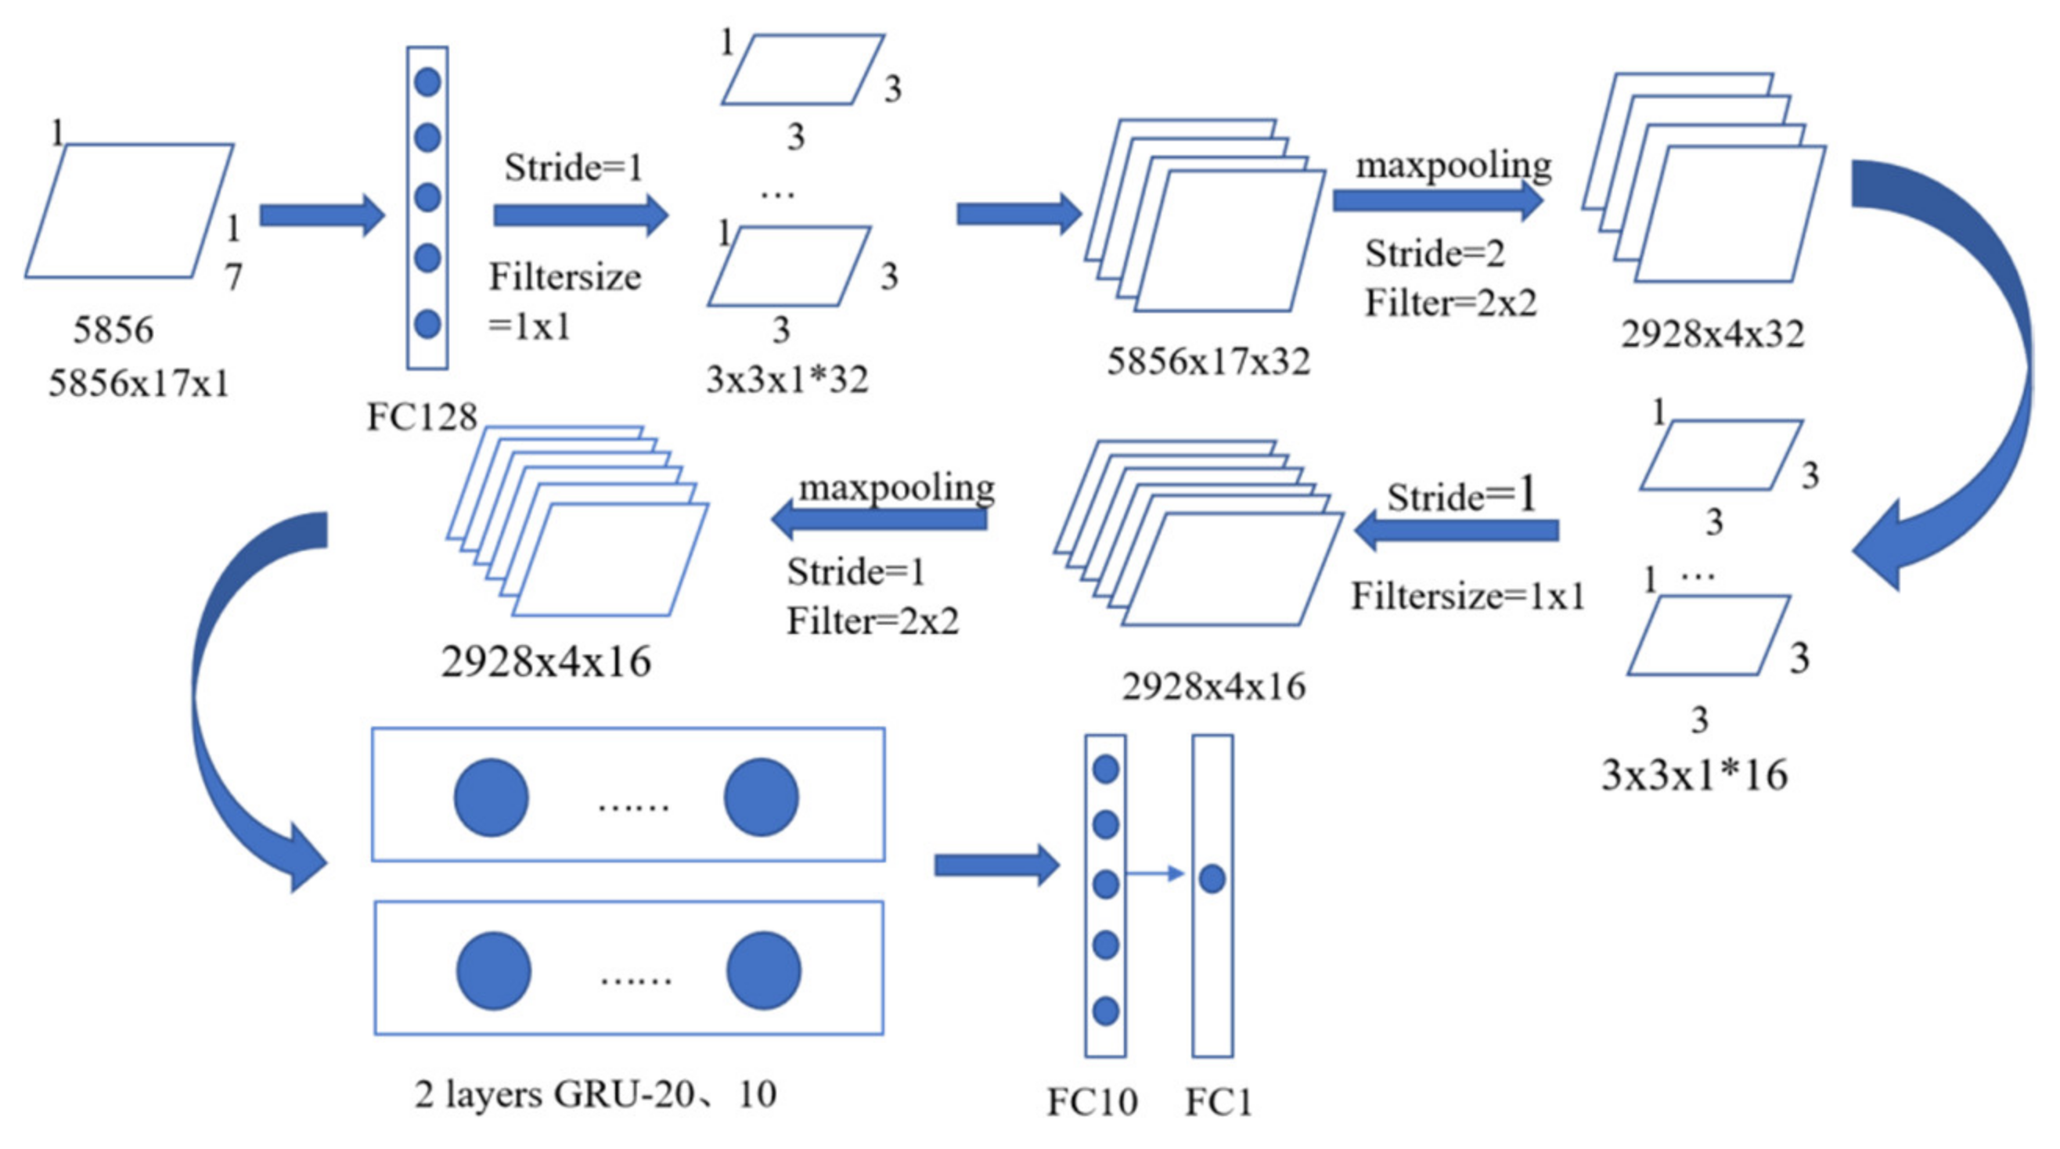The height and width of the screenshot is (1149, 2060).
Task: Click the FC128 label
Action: tap(421, 417)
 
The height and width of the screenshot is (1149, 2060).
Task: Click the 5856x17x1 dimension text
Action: tap(139, 383)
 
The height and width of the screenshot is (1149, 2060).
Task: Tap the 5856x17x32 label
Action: tap(1208, 362)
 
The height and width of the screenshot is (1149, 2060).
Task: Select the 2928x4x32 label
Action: tap(1712, 334)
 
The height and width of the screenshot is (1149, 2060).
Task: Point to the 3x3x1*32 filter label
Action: tap(787, 380)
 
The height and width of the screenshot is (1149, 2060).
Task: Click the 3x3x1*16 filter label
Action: tap(1694, 775)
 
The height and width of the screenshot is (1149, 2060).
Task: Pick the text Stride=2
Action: tap(1435, 254)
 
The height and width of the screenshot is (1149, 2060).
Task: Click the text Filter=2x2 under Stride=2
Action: tap(1450, 303)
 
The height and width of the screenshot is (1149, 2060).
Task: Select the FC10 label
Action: tap(1093, 1102)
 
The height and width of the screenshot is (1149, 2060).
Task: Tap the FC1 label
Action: tap(1217, 1102)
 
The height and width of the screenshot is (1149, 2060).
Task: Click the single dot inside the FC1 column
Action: tap(1212, 879)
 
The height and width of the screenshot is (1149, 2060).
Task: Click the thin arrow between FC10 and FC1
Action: tap(1155, 873)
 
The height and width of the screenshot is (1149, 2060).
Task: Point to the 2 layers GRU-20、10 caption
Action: tap(596, 1094)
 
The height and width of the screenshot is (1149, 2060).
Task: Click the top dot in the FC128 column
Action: tap(428, 81)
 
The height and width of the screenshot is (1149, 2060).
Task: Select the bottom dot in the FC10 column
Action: tap(1105, 1010)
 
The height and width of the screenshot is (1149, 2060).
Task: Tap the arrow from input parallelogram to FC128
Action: tap(322, 215)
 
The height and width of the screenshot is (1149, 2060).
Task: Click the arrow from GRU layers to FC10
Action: tap(996, 865)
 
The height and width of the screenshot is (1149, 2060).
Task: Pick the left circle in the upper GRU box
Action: tap(491, 798)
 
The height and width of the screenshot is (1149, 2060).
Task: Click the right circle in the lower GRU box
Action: tap(764, 971)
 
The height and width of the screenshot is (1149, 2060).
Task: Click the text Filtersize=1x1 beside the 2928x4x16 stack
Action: tap(1468, 596)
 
